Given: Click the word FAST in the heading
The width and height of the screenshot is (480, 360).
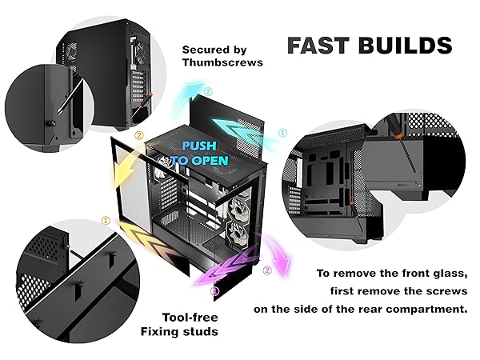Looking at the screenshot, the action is pyautogui.click(x=318, y=46).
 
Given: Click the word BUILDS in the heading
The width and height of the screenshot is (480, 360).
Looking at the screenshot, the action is pyautogui.click(x=405, y=46).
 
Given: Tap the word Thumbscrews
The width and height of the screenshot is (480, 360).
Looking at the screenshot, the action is pyautogui.click(x=222, y=62).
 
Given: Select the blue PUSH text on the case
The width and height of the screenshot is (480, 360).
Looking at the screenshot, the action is pyautogui.click(x=199, y=146).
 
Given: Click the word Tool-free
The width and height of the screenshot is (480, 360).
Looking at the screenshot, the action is pyautogui.click(x=190, y=318).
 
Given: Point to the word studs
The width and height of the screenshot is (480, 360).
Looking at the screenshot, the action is pyautogui.click(x=201, y=331).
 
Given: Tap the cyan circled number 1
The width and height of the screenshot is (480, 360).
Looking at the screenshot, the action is pyautogui.click(x=282, y=133).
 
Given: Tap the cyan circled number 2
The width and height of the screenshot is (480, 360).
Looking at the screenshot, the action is pyautogui.click(x=208, y=91).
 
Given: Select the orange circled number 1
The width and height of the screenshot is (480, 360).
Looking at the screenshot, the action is pyautogui.click(x=106, y=221).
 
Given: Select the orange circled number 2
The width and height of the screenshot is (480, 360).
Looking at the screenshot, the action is pyautogui.click(x=138, y=135).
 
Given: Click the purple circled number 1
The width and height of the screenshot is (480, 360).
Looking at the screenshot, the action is pyautogui.click(x=215, y=291).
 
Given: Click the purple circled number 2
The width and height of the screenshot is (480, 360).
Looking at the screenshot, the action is pyautogui.click(x=267, y=270).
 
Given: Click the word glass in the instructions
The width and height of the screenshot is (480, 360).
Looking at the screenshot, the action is pyautogui.click(x=450, y=274).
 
